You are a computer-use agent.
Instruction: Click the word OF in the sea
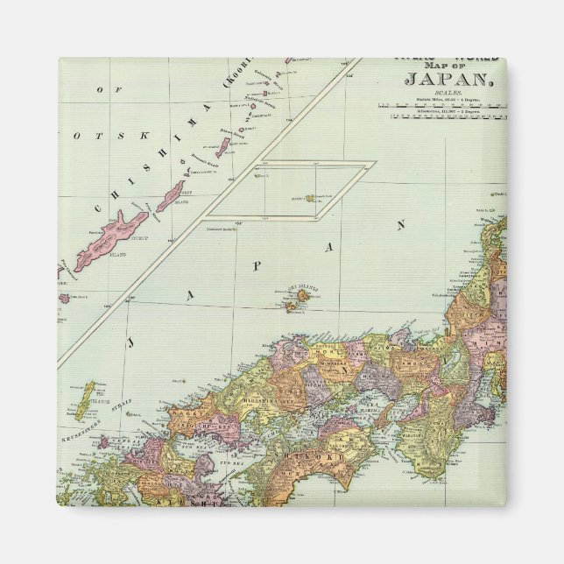click(x=100, y=90)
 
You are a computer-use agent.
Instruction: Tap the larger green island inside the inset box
click(x=311, y=199)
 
